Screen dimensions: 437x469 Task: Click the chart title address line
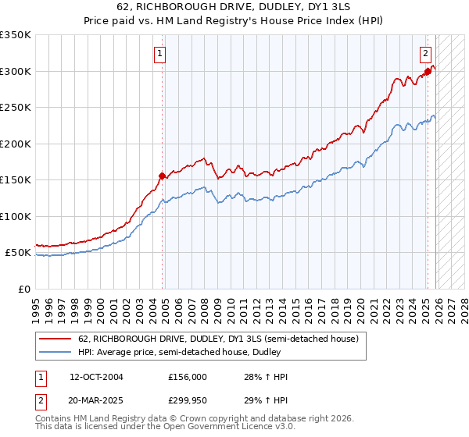tap(234, 9)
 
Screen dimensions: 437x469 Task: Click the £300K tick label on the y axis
tap(16, 71)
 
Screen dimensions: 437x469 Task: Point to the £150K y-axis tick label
tap(16, 180)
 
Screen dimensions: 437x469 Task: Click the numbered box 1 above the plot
tap(159, 54)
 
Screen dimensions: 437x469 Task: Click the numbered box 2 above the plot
tap(425, 54)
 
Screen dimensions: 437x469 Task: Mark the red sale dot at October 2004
tap(162, 176)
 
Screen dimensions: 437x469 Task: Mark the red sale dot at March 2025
tap(428, 71)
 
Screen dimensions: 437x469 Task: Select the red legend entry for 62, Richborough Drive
tap(218, 339)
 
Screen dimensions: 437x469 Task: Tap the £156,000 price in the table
tap(188, 377)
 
